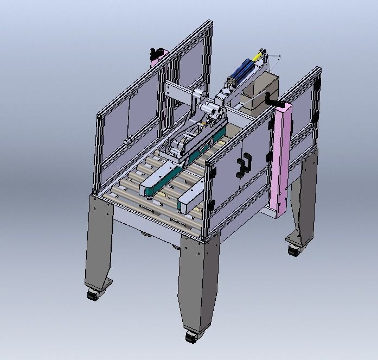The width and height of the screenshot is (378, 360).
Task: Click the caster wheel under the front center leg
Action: pos(191,336)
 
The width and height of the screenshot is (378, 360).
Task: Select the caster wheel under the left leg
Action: pos(93,294)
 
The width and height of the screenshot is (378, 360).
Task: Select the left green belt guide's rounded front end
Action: pos(147,190)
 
